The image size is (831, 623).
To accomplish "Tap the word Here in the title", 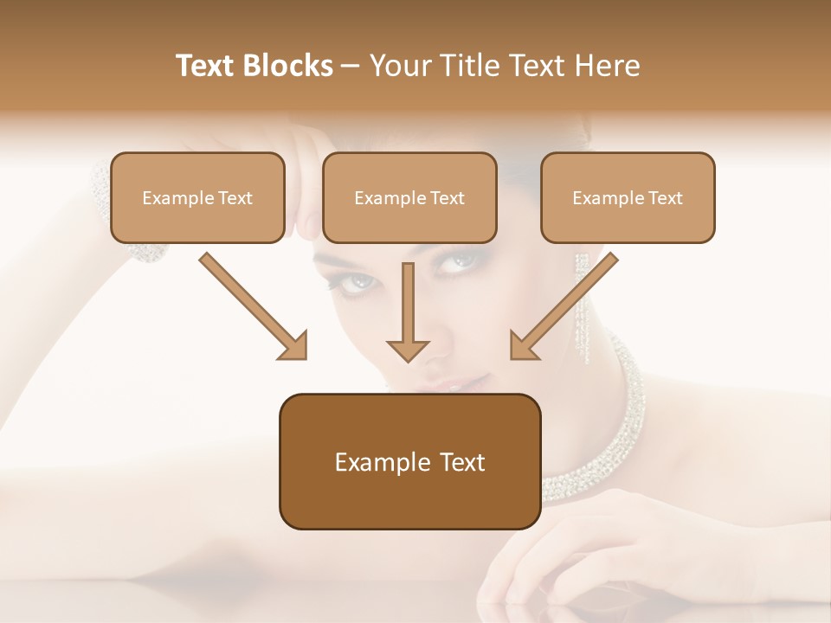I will pos(607,66).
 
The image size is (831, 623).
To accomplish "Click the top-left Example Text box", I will pos(197,197).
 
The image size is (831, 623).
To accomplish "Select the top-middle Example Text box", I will pos(409,197).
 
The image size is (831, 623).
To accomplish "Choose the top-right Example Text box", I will pos(628,197).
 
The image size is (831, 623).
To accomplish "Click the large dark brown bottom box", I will pos(409,461).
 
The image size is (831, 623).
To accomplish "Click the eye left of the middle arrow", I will pos(357,282).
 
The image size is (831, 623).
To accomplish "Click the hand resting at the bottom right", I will pos(589,554).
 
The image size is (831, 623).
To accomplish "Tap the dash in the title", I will pos(351,66).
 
